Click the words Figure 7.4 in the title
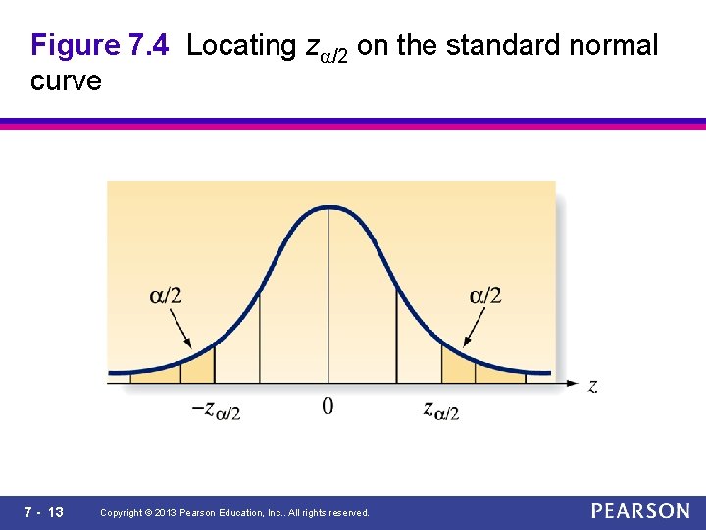click(100, 45)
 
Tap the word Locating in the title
click(241, 45)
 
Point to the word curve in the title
click(66, 80)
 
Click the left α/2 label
click(166, 294)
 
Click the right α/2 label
click(485, 294)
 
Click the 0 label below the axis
click(328, 406)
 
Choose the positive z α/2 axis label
click(441, 410)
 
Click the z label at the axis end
click(592, 386)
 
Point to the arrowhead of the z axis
click(573, 384)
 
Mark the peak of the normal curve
click(328, 207)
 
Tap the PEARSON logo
click(640, 511)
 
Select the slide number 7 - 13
click(43, 512)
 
